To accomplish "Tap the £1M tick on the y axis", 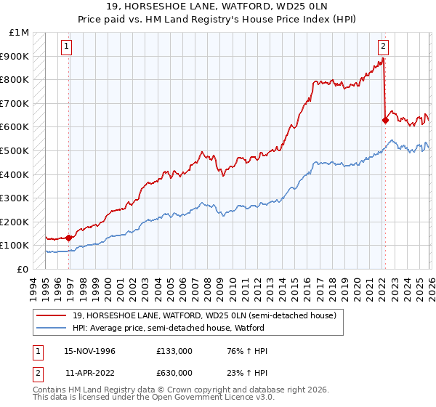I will tap(20, 33).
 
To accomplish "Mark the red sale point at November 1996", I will tap(69, 237).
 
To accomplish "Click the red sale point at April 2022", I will tap(385, 121).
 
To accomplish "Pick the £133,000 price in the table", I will tap(174, 351).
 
